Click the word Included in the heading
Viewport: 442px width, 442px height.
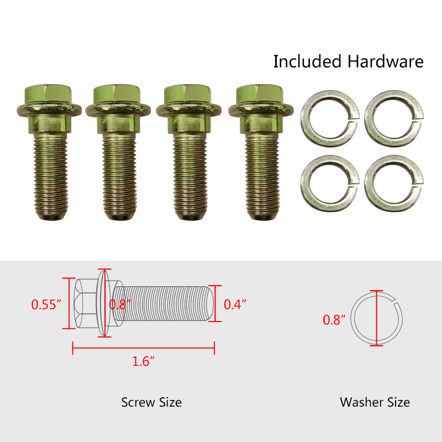307,61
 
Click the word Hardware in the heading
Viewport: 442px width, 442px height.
385,61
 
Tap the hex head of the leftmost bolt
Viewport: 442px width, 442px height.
48,94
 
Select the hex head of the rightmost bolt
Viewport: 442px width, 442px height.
260,94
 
